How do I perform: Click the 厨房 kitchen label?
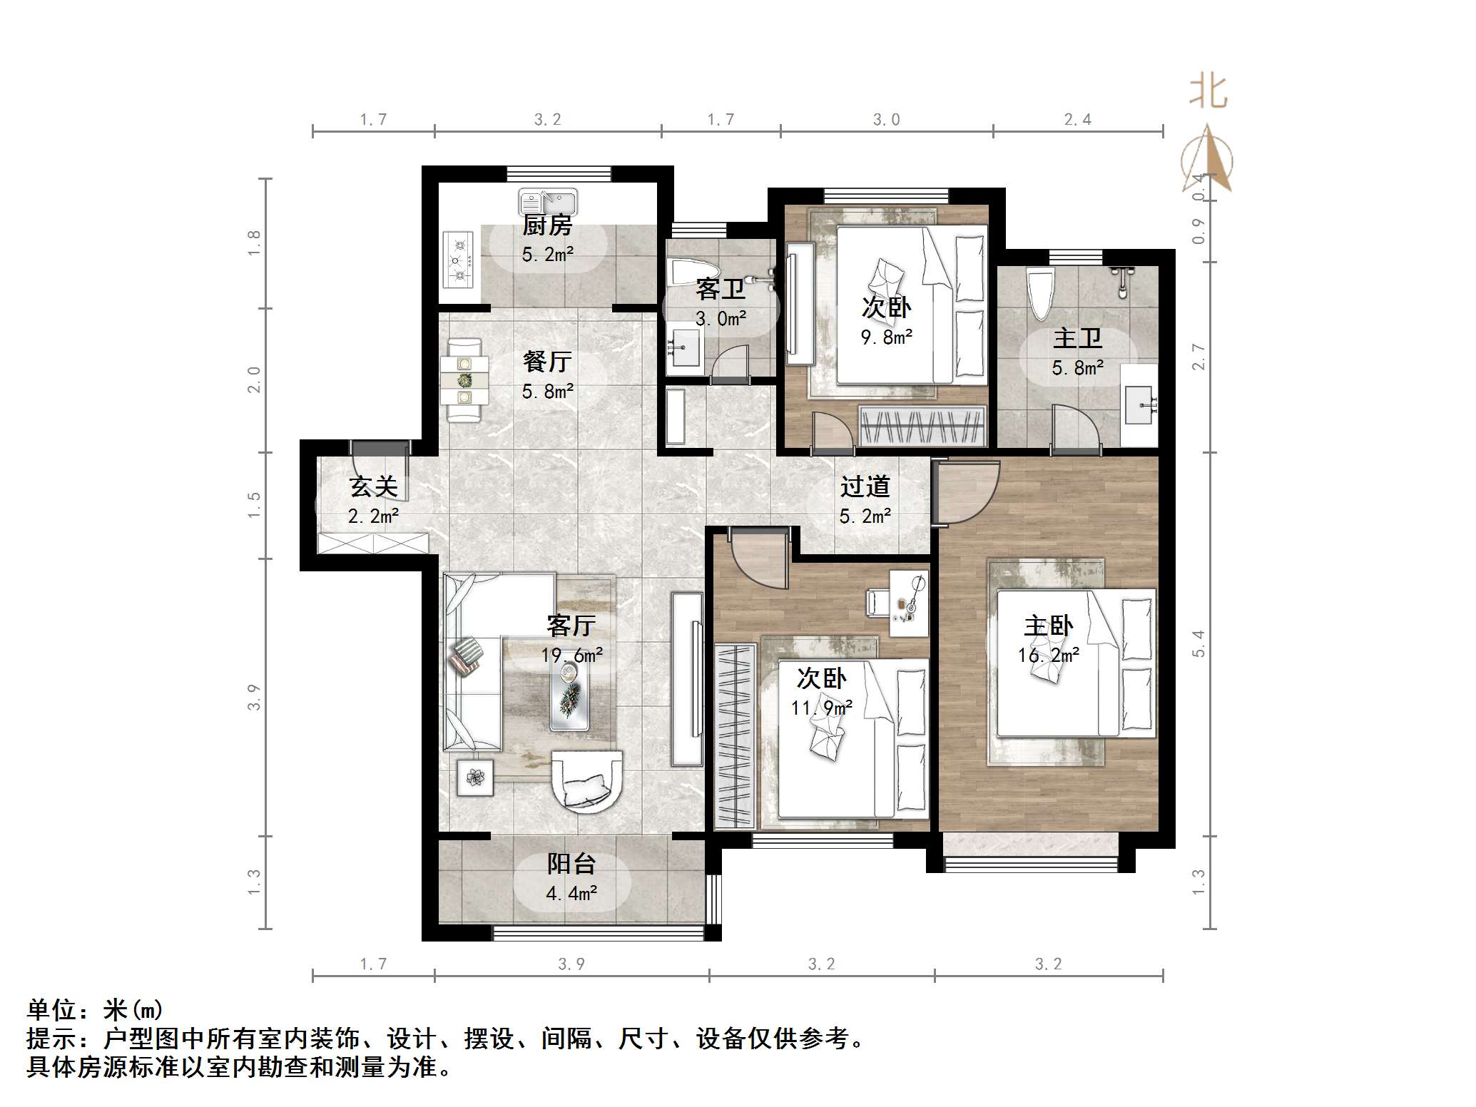coord(547,225)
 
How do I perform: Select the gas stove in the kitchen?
coord(458,260)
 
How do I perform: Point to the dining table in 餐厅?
coord(464,381)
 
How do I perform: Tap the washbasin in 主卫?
coord(1138,404)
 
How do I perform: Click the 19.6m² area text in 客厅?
coord(571,655)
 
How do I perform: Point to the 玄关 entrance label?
coord(372,487)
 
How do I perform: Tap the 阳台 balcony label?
coord(571,864)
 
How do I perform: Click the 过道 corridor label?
coord(865,486)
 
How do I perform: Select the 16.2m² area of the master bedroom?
coord(1048,655)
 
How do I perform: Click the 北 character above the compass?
coord(1207,92)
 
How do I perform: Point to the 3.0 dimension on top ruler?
coord(886,120)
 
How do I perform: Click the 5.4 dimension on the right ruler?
coord(1198,643)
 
